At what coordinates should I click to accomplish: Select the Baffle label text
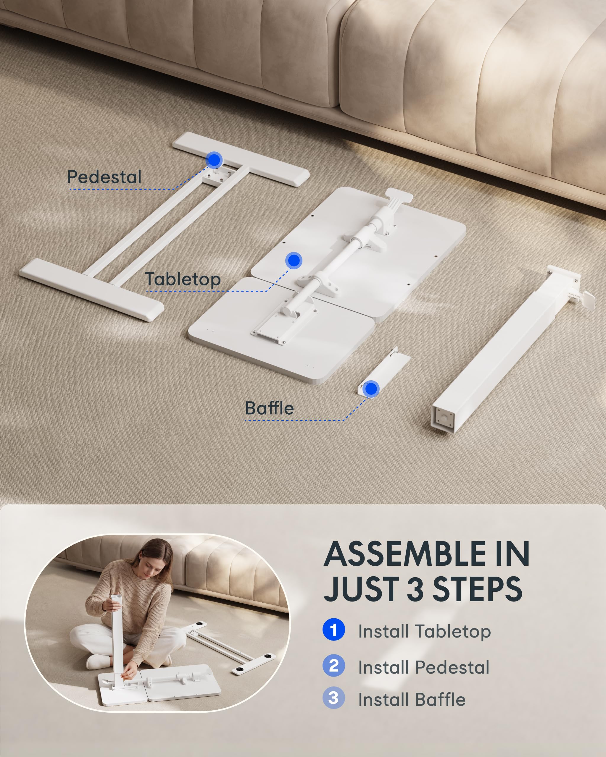[270, 408]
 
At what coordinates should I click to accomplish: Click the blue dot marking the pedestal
[214, 160]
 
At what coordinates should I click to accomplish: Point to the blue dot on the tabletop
[294, 261]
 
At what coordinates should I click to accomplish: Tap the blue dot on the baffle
[371, 389]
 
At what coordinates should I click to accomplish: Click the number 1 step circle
[333, 630]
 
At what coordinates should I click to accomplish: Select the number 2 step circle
[333, 665]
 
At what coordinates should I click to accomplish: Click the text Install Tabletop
[424, 631]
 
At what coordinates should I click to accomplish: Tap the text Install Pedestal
[423, 667]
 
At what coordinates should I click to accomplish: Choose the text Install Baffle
[412, 699]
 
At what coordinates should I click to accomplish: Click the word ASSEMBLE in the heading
[405, 554]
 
